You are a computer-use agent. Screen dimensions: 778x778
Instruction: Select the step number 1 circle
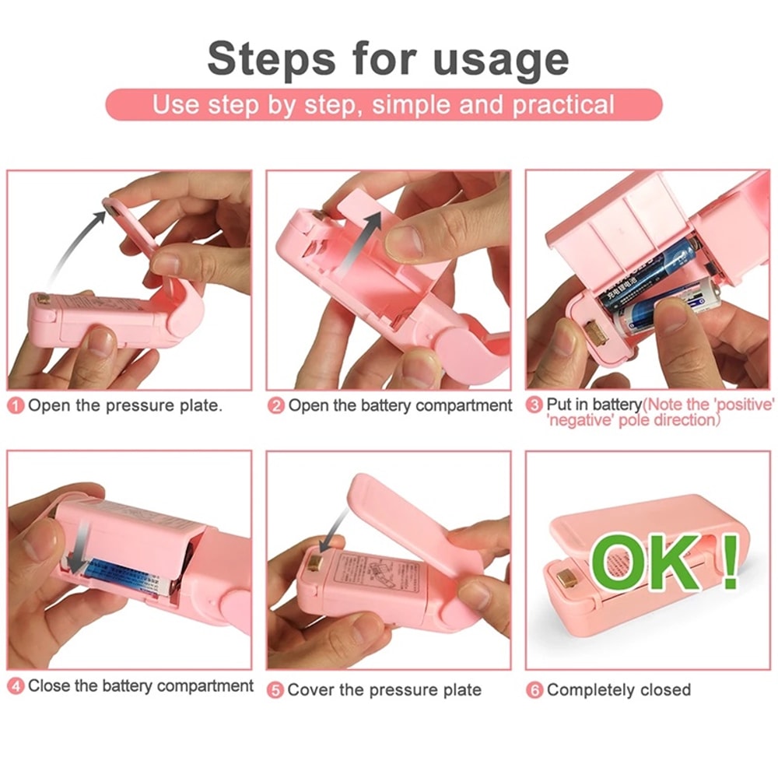pos(17,406)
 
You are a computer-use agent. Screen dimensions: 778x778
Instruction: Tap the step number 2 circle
pos(276,406)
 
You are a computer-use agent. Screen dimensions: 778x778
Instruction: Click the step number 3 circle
pos(534,405)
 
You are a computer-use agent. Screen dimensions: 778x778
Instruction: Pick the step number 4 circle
pos(16,686)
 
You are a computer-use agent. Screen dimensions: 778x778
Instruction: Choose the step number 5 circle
pos(275,690)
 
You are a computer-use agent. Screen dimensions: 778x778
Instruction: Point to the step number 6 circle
pos(534,690)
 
